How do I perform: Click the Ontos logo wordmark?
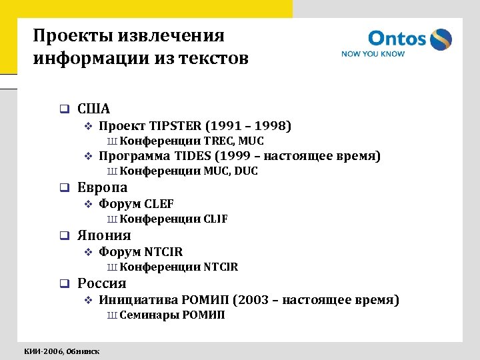397,39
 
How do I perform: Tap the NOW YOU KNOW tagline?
373,54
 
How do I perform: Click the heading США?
94,108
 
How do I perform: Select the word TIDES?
193,156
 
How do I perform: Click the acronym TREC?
217,141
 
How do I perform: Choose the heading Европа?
102,187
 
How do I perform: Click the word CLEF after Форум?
159,204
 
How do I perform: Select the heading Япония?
104,235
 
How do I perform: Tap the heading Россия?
102,283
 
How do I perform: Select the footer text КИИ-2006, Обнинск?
62,351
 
